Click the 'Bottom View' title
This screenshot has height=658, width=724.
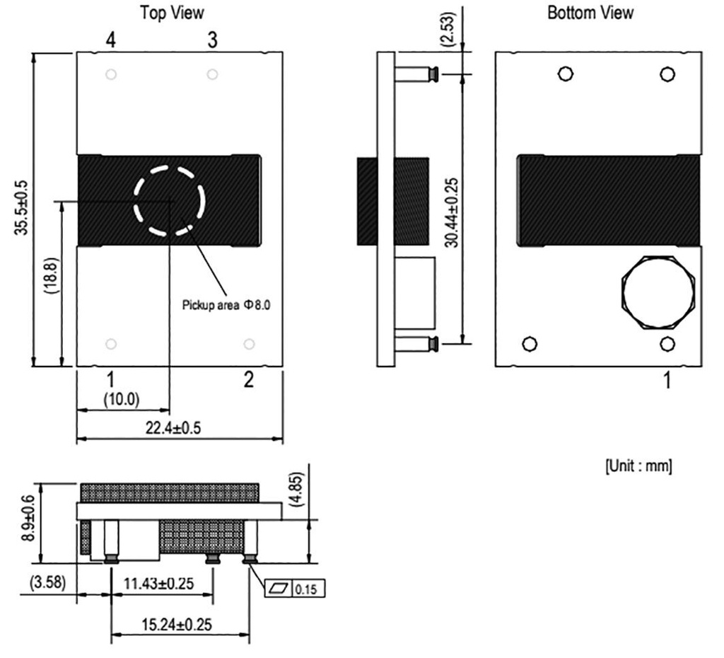(x=590, y=13)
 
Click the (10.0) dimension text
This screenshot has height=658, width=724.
(x=122, y=399)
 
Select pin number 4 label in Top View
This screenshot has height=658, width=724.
(x=110, y=40)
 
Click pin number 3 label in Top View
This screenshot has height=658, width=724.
(x=212, y=40)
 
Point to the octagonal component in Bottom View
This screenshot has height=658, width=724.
(x=658, y=292)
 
